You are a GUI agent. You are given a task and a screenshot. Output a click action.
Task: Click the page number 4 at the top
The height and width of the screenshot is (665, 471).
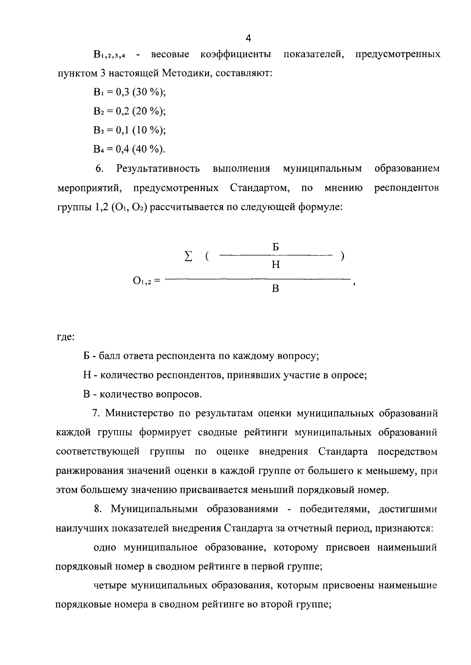[248, 38]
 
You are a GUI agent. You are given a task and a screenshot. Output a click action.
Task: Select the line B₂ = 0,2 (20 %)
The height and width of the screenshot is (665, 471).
[130, 111]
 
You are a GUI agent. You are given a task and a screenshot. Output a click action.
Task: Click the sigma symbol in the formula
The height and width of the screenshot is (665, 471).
[189, 257]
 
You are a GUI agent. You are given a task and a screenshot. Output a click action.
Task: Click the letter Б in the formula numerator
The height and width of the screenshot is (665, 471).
[276, 247]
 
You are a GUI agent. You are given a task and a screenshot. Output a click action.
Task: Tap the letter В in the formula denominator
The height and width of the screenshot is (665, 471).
[276, 289]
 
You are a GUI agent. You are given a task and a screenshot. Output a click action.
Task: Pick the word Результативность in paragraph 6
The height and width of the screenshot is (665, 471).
[158, 169]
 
